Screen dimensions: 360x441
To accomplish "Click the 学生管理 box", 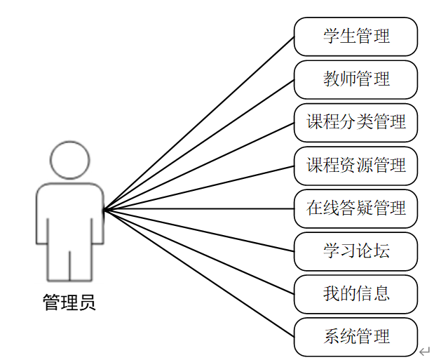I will (x=355, y=36).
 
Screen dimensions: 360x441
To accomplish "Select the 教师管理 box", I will (x=355, y=79).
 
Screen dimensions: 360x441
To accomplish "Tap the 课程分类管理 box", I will (x=355, y=122).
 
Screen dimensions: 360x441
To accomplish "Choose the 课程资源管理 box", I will (x=355, y=166).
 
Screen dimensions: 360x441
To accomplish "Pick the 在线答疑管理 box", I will (x=355, y=208).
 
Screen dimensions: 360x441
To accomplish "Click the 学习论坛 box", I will (x=355, y=251).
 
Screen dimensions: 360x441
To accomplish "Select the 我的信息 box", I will (x=355, y=294).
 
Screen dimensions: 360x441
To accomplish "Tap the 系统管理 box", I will (x=355, y=337).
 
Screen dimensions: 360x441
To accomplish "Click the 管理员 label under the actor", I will (x=69, y=303).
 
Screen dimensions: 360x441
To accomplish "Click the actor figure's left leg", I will (x=58, y=263).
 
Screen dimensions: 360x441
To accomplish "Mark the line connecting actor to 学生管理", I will (x=199, y=123).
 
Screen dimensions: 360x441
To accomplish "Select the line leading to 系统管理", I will (x=199, y=273).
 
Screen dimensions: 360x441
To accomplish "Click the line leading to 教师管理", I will (x=199, y=145).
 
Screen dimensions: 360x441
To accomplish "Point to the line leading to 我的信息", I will (x=199, y=251).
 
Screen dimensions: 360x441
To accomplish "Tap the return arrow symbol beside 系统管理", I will (x=424, y=350).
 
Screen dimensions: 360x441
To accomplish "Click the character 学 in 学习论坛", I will (x=331, y=251).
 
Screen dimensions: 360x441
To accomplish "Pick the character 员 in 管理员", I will (x=87, y=303).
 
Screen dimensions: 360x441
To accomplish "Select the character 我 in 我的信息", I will (x=331, y=294).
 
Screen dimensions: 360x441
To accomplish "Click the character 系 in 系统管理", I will (x=331, y=337).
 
